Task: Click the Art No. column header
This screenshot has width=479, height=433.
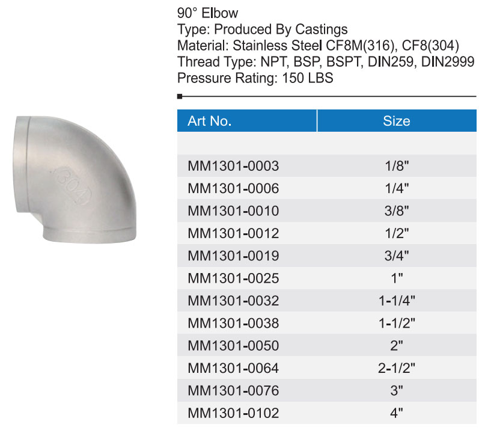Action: (x=210, y=121)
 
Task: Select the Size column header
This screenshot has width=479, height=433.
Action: (x=397, y=121)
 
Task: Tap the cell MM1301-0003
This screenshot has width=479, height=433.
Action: (x=233, y=166)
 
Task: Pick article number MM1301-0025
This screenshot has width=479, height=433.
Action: (x=233, y=278)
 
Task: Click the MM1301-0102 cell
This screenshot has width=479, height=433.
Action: (x=233, y=413)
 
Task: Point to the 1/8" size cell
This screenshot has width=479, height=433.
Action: (x=397, y=166)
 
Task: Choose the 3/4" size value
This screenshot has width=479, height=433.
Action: (x=397, y=256)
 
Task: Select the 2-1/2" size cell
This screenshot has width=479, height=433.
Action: (x=397, y=368)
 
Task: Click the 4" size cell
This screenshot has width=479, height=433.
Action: (x=397, y=413)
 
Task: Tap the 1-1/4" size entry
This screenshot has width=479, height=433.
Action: (x=397, y=301)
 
